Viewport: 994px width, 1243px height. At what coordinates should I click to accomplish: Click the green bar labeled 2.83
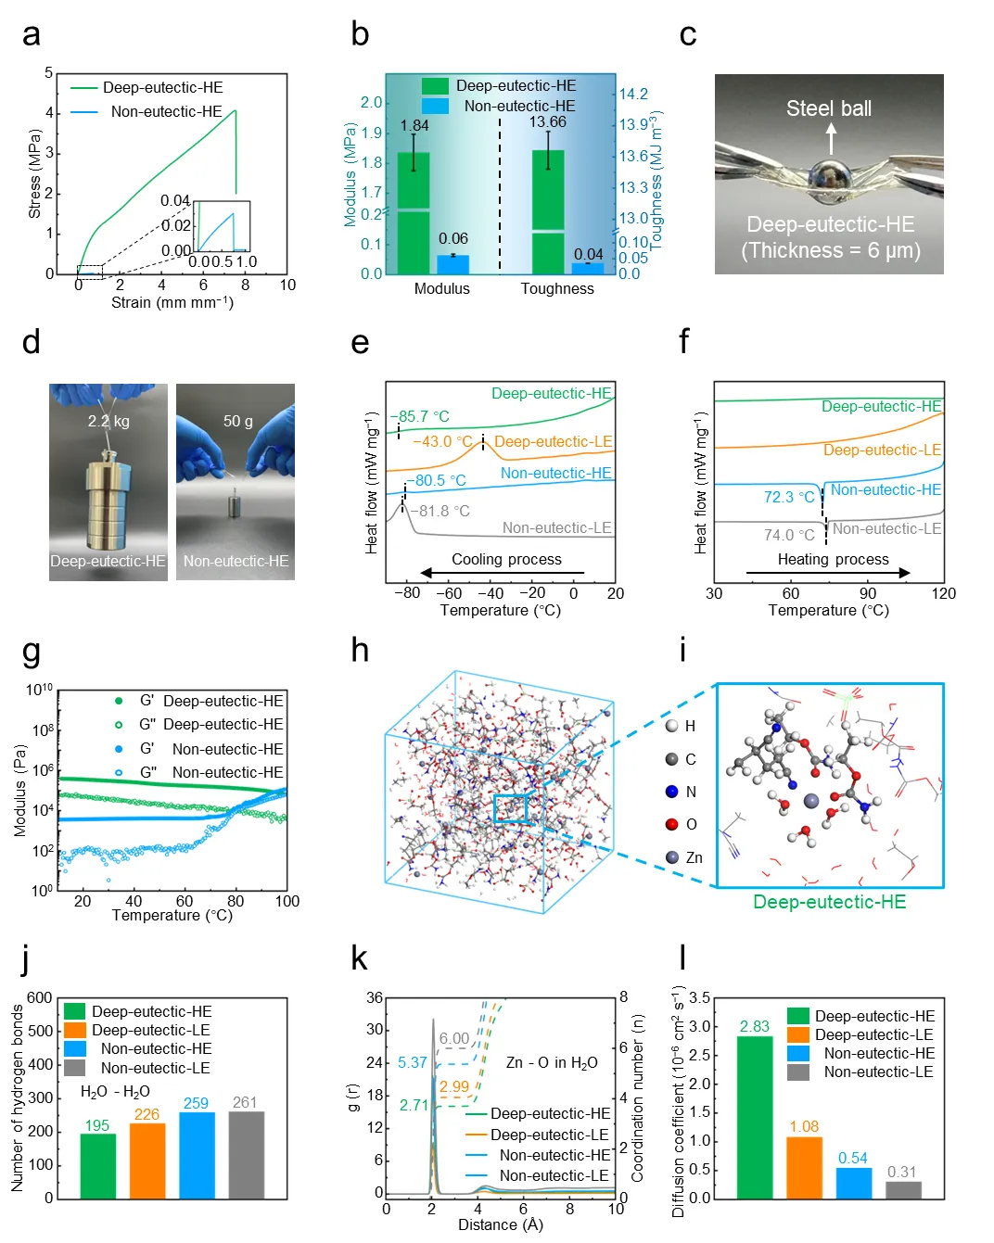tap(754, 1117)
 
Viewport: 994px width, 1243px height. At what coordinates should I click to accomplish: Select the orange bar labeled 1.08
tap(804, 1167)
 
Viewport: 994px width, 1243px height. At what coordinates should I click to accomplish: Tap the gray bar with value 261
tap(245, 1154)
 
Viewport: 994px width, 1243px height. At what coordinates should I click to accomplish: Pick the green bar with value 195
tap(97, 1165)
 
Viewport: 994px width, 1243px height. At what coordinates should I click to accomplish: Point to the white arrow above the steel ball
tap(831, 139)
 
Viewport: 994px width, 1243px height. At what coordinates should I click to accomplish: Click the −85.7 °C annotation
tap(419, 417)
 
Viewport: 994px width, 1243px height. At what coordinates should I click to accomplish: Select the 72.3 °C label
tap(789, 497)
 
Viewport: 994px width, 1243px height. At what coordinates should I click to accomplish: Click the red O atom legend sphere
tap(672, 824)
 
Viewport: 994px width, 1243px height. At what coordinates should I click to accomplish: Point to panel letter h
tap(360, 651)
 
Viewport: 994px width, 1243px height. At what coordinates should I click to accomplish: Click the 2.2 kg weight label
tap(108, 421)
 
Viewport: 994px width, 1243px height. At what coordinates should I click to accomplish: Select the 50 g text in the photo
tap(237, 421)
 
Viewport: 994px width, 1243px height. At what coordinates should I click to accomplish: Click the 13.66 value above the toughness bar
tap(547, 122)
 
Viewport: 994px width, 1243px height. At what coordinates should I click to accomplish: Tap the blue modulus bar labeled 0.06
tap(452, 264)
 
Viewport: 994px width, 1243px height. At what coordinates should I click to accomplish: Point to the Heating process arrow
tap(828, 573)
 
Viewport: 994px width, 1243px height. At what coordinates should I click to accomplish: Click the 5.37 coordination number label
tap(413, 1062)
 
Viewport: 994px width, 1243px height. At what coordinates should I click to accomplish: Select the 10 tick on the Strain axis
tap(287, 285)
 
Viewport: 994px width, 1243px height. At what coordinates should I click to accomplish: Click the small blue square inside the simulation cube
tap(510, 809)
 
